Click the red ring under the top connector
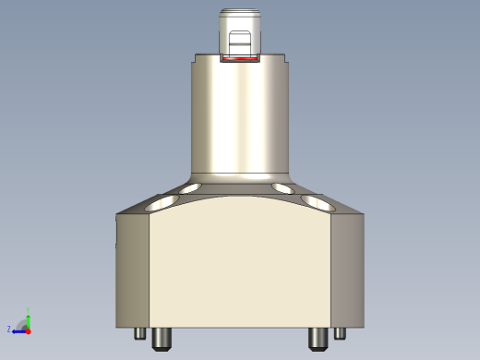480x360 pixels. (240, 58)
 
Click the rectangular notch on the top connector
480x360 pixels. (240, 42)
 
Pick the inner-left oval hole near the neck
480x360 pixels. (192, 188)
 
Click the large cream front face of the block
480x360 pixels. (240, 268)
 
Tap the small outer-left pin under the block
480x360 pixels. (140, 333)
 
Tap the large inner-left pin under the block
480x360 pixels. (162, 338)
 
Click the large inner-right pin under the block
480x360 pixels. (318, 338)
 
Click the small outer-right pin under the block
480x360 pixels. (340, 333)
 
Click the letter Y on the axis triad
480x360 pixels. (29, 309)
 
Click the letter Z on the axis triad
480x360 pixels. (9, 330)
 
